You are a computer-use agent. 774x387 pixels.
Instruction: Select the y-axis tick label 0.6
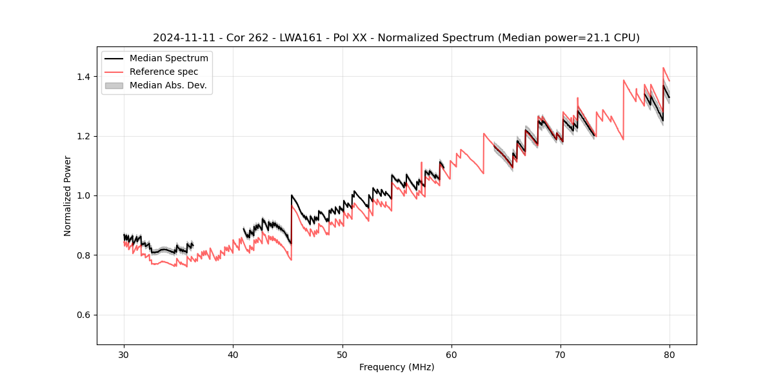(84, 315)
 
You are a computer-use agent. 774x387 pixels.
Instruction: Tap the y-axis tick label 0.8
(84, 255)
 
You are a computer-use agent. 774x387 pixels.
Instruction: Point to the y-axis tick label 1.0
(84, 195)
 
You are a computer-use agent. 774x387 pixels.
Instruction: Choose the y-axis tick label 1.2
(84, 136)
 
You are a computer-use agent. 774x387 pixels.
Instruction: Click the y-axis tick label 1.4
(84, 77)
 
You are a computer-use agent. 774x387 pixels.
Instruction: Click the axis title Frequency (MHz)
(397, 367)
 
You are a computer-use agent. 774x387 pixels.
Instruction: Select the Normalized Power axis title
(67, 195)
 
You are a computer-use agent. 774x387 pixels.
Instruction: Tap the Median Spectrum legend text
(169, 59)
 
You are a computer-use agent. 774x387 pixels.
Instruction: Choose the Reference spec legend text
(164, 72)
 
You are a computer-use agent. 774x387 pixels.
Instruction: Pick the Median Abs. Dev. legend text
(168, 85)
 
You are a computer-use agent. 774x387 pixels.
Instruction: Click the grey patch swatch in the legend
(114, 85)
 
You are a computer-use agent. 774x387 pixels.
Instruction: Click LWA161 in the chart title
(293, 38)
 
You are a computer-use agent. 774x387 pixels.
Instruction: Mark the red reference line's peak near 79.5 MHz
(663, 67)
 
